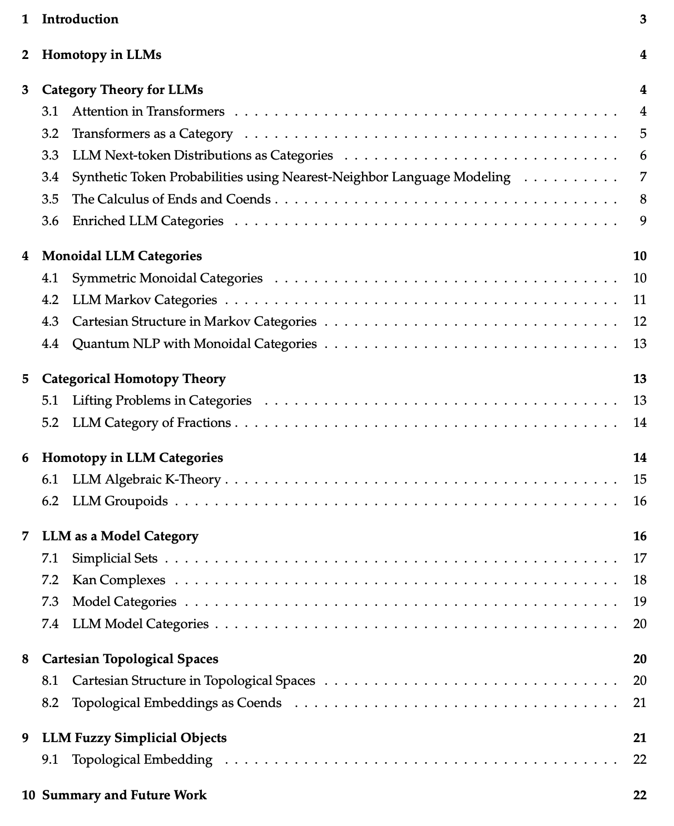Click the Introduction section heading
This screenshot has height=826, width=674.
[80, 19]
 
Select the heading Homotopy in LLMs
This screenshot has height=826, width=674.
[102, 54]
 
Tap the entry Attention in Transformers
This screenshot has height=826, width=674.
[148, 112]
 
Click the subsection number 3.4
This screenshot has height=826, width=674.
[50, 177]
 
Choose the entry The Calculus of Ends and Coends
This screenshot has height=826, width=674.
[171, 199]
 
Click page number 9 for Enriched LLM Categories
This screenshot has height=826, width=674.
[643, 221]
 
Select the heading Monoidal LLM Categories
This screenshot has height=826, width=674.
[122, 256]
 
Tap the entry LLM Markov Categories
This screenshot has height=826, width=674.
[145, 300]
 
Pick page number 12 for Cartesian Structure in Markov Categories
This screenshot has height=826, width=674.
[640, 322]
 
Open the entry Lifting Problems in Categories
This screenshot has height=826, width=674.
[162, 401]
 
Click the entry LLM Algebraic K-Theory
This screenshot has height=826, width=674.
[146, 479]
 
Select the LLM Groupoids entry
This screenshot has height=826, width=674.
[120, 501]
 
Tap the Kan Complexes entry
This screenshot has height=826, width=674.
[119, 580]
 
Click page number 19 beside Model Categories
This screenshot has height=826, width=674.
[640, 602]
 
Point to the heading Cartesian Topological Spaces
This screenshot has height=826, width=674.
[130, 659]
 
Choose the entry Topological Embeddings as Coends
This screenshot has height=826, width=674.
[177, 703]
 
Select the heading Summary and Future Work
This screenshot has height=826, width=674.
[124, 795]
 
